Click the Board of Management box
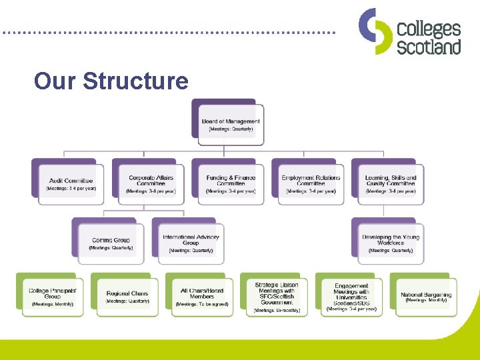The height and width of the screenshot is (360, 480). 231,125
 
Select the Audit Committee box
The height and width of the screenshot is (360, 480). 71,184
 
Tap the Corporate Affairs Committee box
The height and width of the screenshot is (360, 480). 151,184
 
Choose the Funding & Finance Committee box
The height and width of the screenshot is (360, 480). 231,184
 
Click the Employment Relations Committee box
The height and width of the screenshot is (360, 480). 311,184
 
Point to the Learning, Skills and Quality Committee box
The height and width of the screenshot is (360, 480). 391,184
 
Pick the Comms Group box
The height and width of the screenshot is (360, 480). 111,243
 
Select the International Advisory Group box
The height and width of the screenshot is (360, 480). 191,243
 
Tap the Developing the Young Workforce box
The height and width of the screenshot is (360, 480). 391,243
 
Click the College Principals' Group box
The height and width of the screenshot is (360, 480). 53,297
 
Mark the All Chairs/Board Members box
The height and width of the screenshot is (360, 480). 202,297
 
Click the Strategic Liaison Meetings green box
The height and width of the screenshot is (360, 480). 276,297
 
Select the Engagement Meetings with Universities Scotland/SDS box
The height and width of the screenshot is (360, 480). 351,297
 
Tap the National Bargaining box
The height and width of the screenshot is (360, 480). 426,297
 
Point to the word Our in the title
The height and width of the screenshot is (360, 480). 55,81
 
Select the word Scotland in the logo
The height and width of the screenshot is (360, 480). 429,47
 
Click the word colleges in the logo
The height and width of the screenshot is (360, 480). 429,29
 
